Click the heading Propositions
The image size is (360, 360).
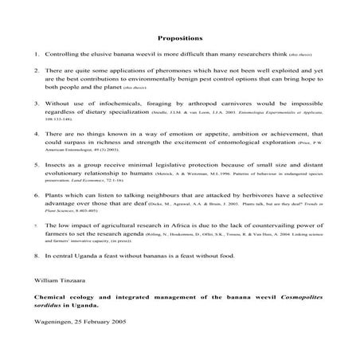point(181,37)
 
